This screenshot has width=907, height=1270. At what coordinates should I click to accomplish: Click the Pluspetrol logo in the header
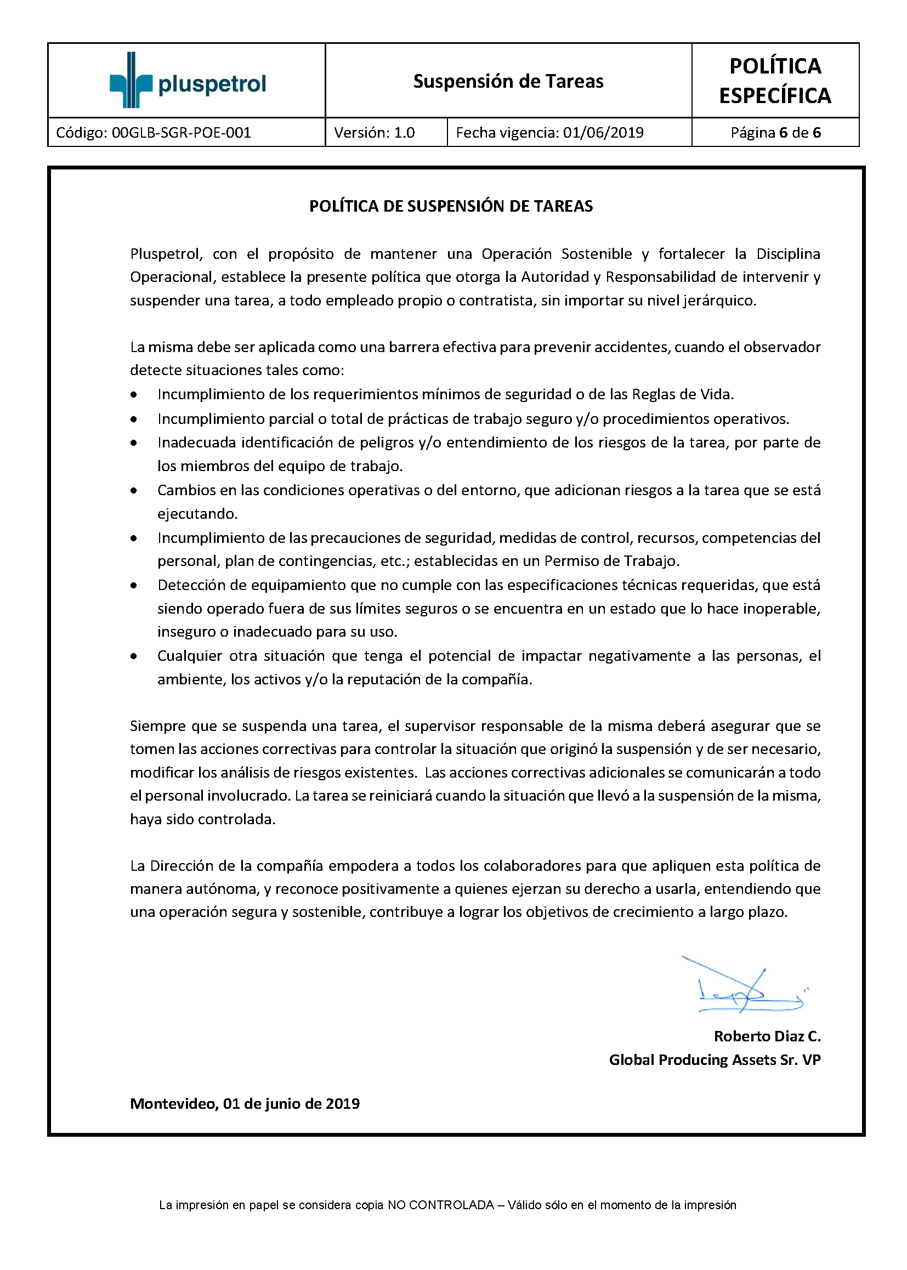187,81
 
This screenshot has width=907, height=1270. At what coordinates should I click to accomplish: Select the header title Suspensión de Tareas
508,82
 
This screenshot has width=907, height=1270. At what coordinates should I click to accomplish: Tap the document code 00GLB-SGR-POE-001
181,133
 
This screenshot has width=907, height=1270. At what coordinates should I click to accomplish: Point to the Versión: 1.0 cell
374,133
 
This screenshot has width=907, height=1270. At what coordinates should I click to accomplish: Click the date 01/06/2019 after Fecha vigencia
603,133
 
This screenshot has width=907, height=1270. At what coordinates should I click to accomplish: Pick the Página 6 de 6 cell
775,133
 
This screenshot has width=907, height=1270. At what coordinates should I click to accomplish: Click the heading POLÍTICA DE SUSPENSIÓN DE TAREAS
451,206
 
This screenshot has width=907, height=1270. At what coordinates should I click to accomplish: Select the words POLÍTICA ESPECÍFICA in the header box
775,81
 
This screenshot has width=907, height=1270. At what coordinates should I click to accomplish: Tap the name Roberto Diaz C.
766,1036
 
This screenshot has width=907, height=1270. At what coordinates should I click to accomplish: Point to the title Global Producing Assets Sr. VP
715,1060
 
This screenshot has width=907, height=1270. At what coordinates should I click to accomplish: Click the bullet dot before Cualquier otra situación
133,656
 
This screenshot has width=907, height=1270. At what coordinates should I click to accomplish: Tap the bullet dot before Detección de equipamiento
133,586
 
